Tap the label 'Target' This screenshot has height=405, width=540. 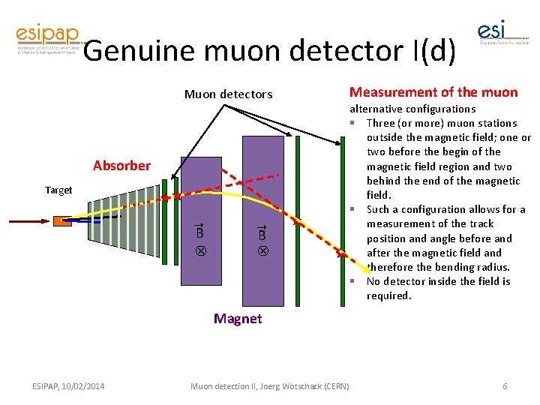point(58,190)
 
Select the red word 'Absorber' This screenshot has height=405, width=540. point(121,166)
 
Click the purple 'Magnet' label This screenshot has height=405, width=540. point(238,319)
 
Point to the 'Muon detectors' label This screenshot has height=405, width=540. point(229,94)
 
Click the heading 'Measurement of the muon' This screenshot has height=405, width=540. point(433,92)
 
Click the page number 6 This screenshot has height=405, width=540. point(505,386)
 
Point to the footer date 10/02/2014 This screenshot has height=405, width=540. point(79,386)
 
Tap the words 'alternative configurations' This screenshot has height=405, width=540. point(412,109)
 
